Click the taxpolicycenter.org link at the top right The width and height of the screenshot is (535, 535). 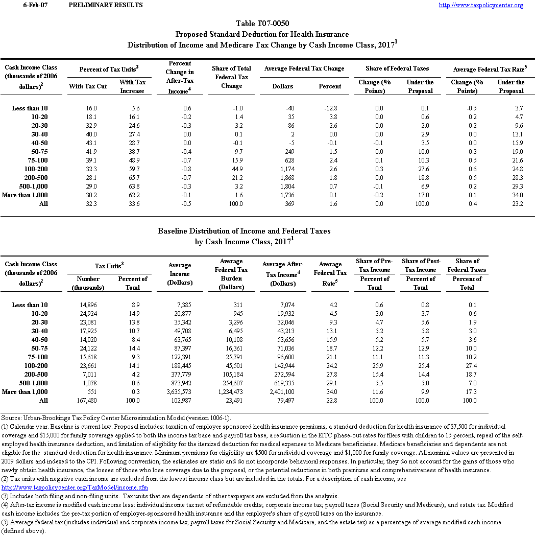click(x=481, y=5)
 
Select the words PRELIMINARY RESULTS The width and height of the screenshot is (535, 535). click(x=105, y=5)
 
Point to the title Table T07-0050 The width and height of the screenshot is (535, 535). click(x=262, y=24)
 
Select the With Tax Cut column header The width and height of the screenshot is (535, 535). click(x=88, y=86)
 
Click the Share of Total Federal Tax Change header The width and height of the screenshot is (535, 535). click(x=231, y=77)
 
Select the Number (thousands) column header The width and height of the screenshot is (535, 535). click(x=88, y=283)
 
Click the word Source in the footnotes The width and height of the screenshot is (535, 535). click(x=11, y=418)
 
